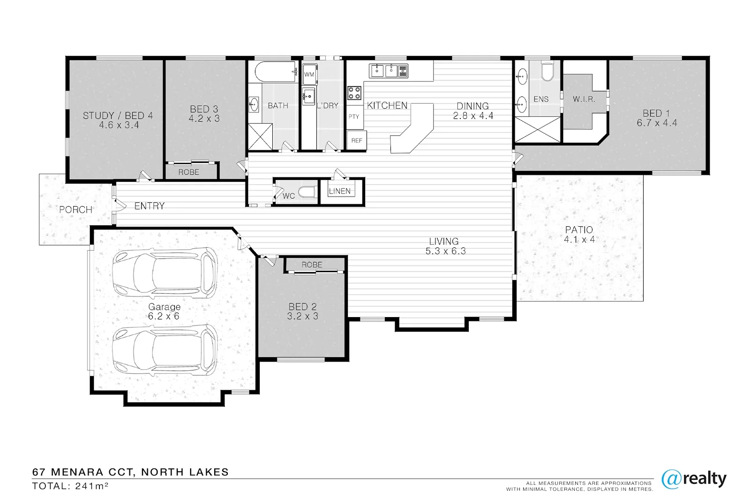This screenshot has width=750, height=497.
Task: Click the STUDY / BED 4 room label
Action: (118, 115)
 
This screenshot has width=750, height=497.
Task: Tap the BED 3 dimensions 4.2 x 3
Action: (204, 119)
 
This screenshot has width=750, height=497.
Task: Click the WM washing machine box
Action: (309, 74)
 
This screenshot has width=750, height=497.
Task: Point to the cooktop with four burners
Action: (354, 93)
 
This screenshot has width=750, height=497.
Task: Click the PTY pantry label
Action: (353, 117)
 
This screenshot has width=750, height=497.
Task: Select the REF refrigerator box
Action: (357, 141)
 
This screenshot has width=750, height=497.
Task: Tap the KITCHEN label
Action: (387, 105)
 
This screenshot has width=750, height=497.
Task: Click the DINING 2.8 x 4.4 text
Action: (473, 111)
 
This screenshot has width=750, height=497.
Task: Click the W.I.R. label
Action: (584, 99)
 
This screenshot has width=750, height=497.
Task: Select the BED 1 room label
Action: (656, 113)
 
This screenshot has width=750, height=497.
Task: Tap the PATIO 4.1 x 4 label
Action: (579, 234)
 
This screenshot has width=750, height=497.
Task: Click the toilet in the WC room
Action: (307, 192)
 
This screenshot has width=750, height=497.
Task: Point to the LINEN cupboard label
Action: (340, 191)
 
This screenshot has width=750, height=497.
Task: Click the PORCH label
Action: (75, 209)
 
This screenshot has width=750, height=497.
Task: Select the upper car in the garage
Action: (165, 272)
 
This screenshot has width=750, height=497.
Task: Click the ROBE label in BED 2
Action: (312, 265)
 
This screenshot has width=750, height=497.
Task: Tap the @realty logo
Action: (694, 479)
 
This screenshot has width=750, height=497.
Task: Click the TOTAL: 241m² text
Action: (70, 486)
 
